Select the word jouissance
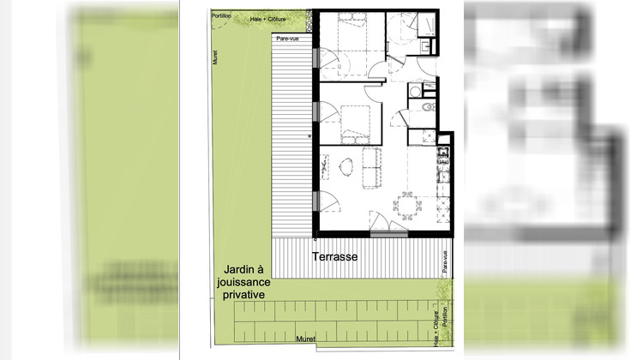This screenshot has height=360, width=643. coord(243,281)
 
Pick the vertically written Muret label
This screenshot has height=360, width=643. coord(217,57)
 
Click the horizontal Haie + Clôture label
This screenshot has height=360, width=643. coord(267,18)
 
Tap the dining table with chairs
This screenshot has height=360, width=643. coord(406,206)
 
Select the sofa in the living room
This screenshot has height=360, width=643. coord(373,167)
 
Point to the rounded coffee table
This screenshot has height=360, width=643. coord(347,167)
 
